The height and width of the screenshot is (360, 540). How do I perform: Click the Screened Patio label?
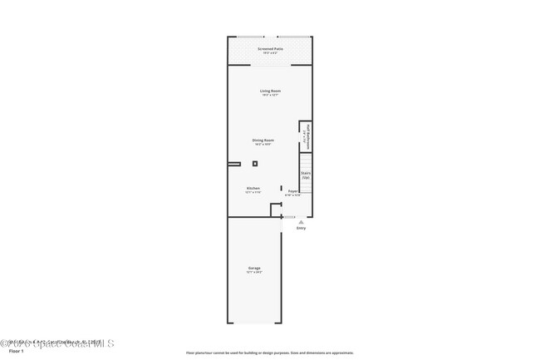click(x=270, y=49)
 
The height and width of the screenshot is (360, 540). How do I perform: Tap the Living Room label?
click(x=270, y=91)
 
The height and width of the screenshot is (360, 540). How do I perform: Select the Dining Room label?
click(x=264, y=140)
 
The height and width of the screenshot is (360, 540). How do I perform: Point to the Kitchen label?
click(x=253, y=188)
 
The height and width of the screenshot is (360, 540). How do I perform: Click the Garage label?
click(x=254, y=268)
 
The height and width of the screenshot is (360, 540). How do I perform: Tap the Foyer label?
click(x=293, y=191)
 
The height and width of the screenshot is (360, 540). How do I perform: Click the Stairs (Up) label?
click(x=306, y=175)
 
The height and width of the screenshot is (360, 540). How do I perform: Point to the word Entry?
click(x=301, y=228)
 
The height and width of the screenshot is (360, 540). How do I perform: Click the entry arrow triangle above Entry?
click(x=301, y=222)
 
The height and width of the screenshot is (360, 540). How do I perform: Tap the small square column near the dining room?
click(x=255, y=164)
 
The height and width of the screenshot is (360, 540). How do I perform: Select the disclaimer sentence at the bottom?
click(x=270, y=353)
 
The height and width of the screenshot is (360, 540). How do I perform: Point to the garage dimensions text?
click(x=254, y=272)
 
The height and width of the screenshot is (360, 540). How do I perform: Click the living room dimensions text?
click(x=270, y=95)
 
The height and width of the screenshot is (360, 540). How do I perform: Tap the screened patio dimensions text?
click(x=270, y=53)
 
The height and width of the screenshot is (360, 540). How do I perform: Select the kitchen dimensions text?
click(x=253, y=192)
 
